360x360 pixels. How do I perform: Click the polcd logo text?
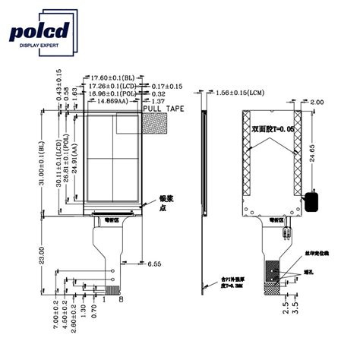[39, 31]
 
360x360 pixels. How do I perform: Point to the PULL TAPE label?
[163, 109]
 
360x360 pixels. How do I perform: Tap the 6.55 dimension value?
[153, 264]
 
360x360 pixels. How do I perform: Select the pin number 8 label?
[120, 300]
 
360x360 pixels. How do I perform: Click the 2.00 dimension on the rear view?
[317, 102]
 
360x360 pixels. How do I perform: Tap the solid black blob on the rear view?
[311, 201]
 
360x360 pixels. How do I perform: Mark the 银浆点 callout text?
[163, 203]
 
